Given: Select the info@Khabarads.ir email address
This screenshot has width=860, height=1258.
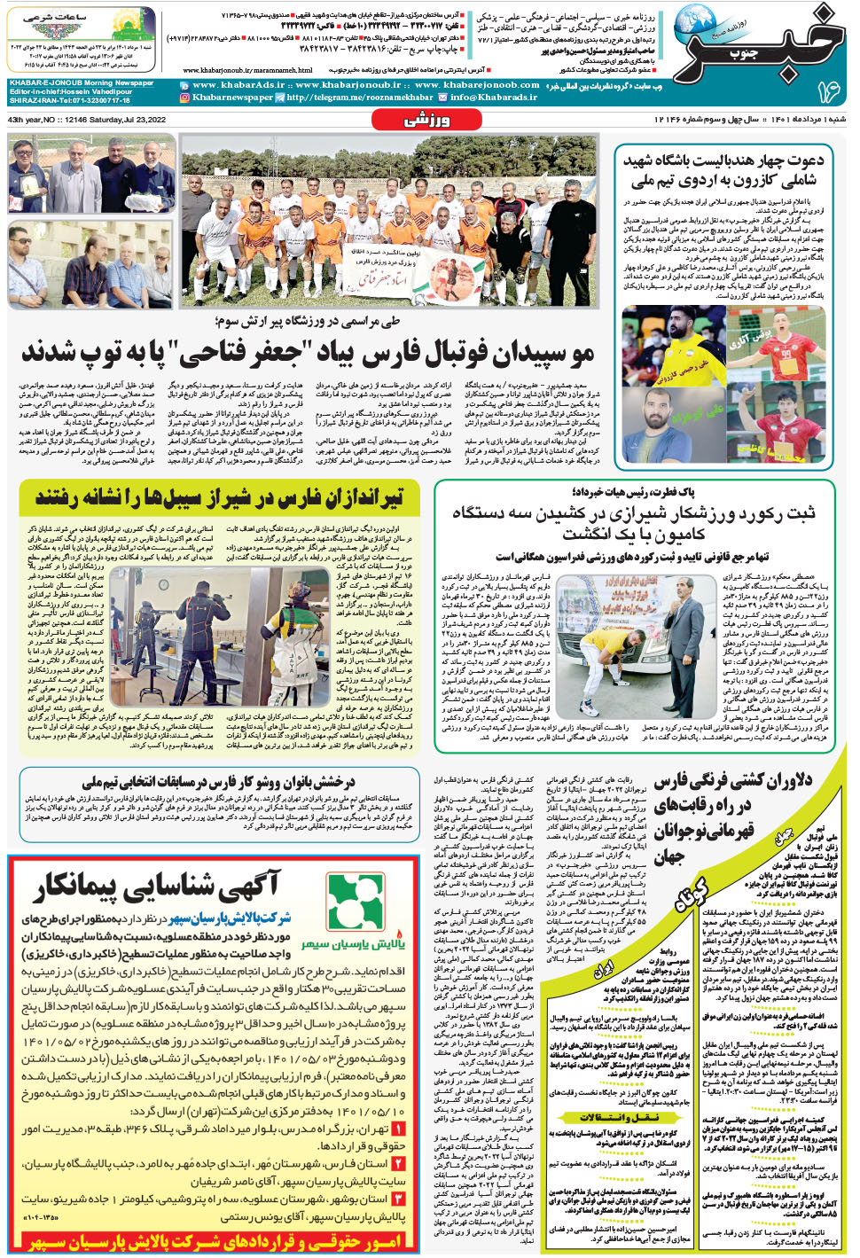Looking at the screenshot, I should tap(494, 98).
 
